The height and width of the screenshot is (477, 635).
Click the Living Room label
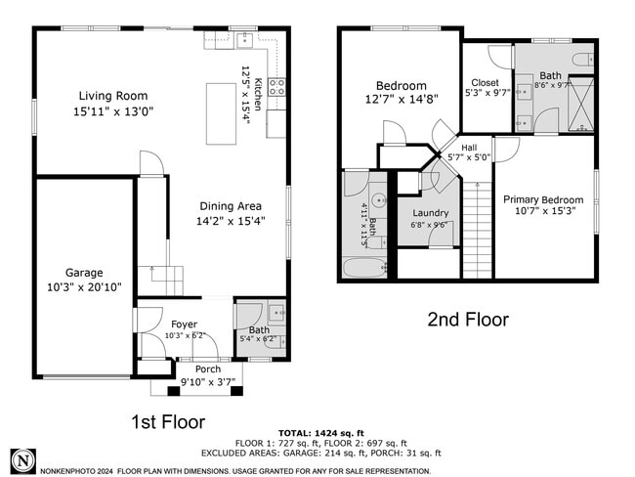pyautogui.click(x=113, y=96)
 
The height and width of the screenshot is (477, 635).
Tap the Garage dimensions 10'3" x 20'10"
pyautogui.click(x=84, y=287)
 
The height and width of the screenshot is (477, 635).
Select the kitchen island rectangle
pyautogui.click(x=221, y=114)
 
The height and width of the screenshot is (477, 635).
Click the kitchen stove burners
pyautogui.click(x=277, y=87)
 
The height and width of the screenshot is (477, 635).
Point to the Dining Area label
pyautogui.click(x=231, y=206)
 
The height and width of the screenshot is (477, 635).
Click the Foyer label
pyautogui.click(x=185, y=325)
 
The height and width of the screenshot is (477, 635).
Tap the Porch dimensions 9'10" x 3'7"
pyautogui.click(x=208, y=381)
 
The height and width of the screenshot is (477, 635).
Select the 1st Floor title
pyautogui.click(x=168, y=422)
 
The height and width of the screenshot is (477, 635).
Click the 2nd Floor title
pyautogui.click(x=468, y=320)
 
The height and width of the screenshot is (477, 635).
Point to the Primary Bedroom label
pyautogui.click(x=543, y=199)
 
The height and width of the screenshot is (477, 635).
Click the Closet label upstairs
pyautogui.click(x=485, y=83)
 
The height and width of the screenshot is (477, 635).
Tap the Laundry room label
pyautogui.click(x=430, y=213)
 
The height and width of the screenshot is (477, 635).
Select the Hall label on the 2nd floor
pyautogui.click(x=469, y=148)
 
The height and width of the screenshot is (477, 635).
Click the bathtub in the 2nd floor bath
pyautogui.click(x=365, y=268)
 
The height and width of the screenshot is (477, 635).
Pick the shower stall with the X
pyautogui.click(x=580, y=104)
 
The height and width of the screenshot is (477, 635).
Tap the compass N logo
pyautogui.click(x=23, y=461)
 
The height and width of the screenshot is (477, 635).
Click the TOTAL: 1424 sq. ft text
pyautogui.click(x=321, y=433)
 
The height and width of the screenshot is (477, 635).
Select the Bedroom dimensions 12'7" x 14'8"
pyautogui.click(x=402, y=100)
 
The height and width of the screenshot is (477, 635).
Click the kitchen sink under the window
pyautogui.click(x=244, y=40)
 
